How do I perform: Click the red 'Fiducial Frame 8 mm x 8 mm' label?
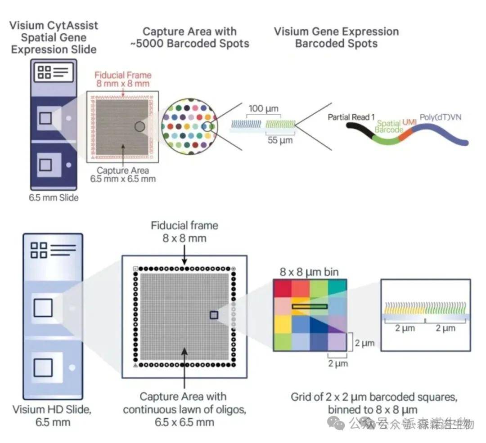tap(123, 79)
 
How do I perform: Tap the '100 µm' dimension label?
tap(263, 109)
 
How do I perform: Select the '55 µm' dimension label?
tap(279, 140)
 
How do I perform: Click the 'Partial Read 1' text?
tap(351, 117)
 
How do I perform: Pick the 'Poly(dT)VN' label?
tap(441, 117)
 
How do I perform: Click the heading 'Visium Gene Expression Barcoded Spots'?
tap(336, 38)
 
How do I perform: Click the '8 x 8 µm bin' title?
tap(309, 272)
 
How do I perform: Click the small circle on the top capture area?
tap(139, 127)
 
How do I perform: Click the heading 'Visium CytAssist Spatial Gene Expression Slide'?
tap(53, 37)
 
